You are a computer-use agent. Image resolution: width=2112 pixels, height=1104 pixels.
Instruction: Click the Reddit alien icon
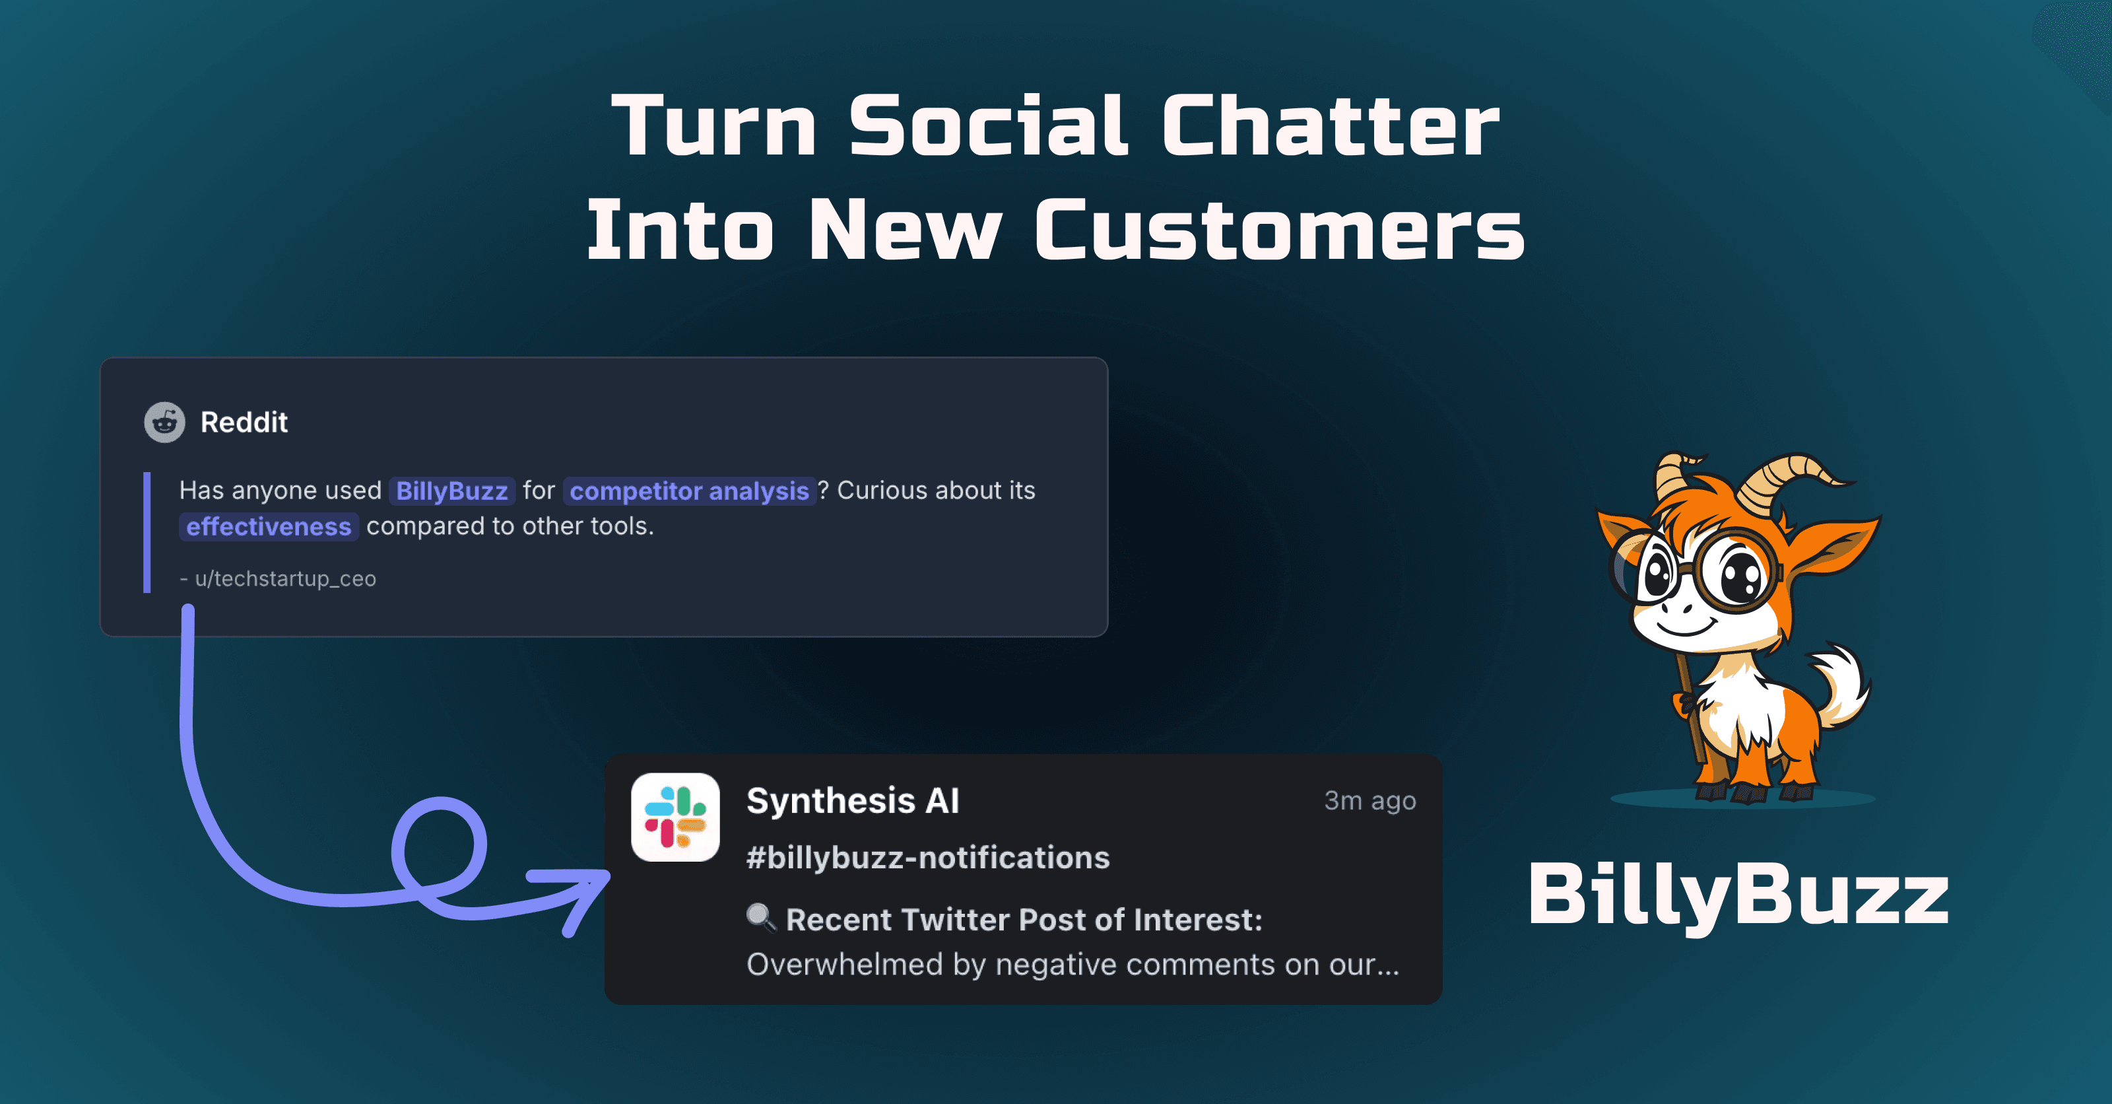click(x=165, y=423)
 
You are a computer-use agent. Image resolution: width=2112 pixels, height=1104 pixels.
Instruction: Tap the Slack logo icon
click(x=675, y=817)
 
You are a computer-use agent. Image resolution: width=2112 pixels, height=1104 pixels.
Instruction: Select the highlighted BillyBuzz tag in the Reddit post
click(x=451, y=491)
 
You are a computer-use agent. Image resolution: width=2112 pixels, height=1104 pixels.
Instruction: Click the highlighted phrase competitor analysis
click(x=688, y=491)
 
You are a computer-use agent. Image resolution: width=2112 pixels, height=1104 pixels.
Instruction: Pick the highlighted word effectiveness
click(x=268, y=526)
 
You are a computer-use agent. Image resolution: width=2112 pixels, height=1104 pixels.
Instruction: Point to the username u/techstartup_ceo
click(x=284, y=579)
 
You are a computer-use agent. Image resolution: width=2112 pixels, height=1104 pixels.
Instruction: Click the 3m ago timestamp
click(x=1369, y=800)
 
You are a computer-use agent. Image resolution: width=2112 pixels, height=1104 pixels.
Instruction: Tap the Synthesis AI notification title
click(x=853, y=800)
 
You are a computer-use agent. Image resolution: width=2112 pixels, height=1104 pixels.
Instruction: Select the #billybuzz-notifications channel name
click(x=927, y=858)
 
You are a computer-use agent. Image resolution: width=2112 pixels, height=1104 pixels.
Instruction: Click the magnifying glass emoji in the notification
click(x=761, y=918)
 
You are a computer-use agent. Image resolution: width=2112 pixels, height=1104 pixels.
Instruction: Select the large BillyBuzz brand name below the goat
click(x=1738, y=895)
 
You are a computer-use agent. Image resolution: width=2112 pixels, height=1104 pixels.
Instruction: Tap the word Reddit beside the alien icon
click(x=244, y=423)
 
